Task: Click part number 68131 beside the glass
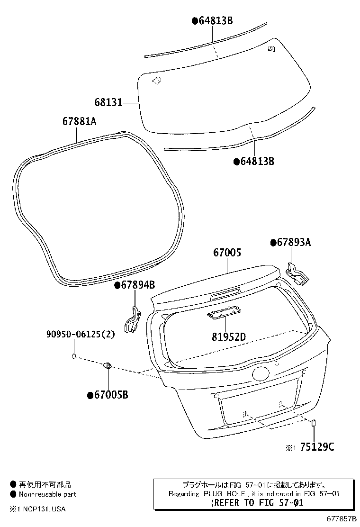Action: click(x=108, y=102)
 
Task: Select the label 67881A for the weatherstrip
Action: click(x=79, y=122)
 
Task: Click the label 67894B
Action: click(x=137, y=285)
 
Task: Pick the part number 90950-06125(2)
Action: click(x=81, y=334)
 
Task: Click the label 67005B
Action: click(x=111, y=395)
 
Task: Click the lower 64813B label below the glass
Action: click(x=257, y=162)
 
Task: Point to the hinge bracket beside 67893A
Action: click(x=297, y=273)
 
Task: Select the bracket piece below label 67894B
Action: click(x=132, y=321)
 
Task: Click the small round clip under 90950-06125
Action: click(x=74, y=356)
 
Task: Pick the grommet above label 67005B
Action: click(x=108, y=365)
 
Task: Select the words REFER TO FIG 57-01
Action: click(x=256, y=503)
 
